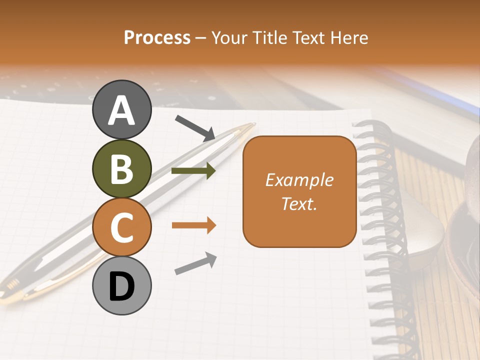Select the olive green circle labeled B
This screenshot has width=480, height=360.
[x=121, y=168]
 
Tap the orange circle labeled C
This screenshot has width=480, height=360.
[x=121, y=227]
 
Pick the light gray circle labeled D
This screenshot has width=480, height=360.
[x=121, y=285]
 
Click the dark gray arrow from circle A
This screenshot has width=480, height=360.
[x=195, y=128]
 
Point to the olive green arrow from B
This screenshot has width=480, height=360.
[x=193, y=171]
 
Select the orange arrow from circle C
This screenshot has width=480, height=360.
[x=193, y=225]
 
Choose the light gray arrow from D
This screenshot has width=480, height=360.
[x=195, y=263]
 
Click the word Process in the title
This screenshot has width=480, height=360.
[x=157, y=38]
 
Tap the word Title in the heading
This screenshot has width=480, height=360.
[x=268, y=38]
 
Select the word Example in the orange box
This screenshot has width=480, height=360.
[x=299, y=180]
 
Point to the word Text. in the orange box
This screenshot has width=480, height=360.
[x=299, y=203]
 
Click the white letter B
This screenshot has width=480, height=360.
[x=121, y=169]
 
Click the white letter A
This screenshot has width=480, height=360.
[x=121, y=110]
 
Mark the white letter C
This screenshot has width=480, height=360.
[x=121, y=227]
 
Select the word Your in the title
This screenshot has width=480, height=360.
[x=228, y=38]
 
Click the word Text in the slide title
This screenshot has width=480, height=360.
[x=308, y=38]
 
